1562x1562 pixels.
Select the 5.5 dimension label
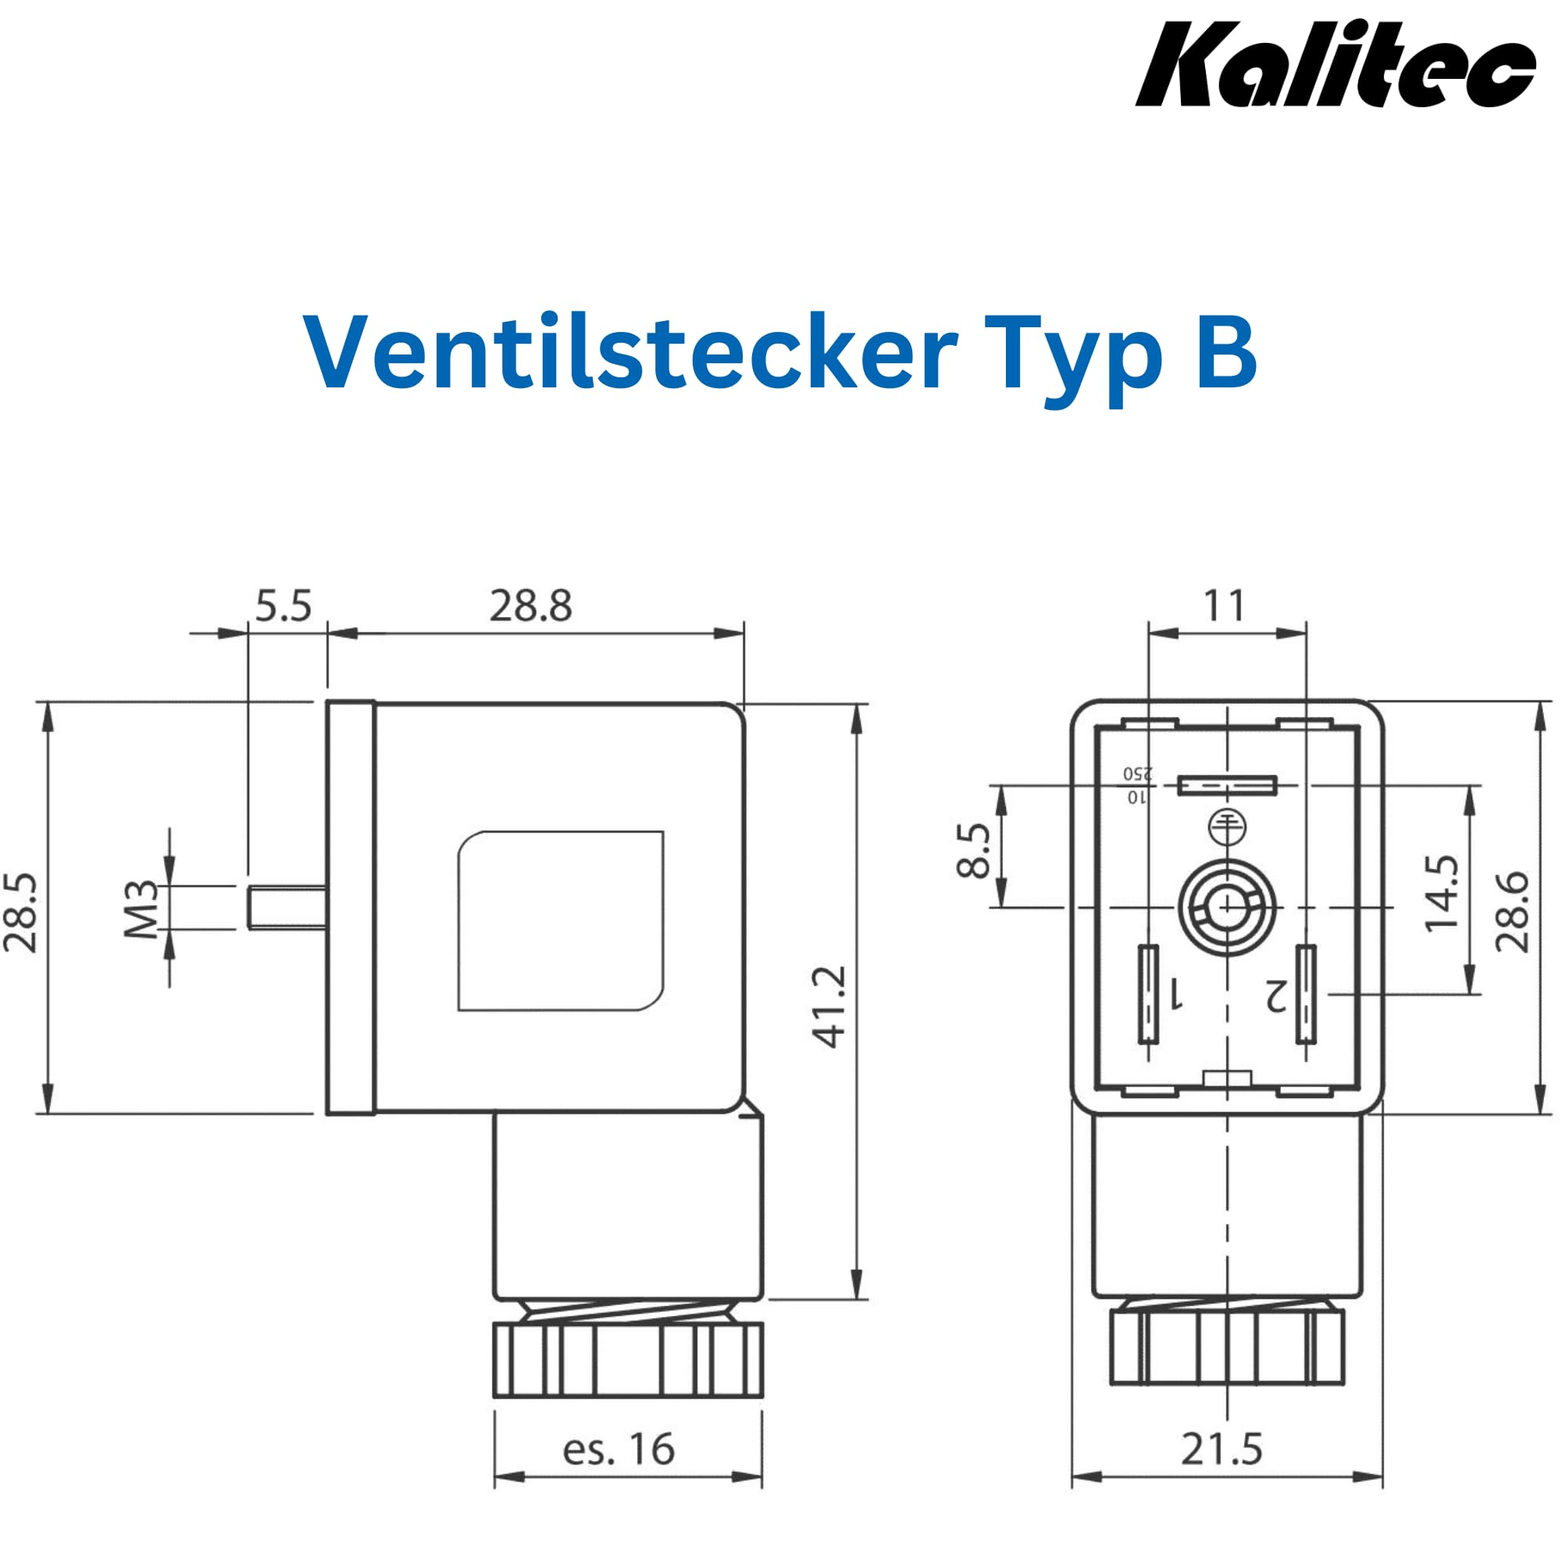283,606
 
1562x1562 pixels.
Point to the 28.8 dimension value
530,606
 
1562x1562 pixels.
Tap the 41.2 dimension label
829,1007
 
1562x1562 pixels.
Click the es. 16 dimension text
619,1450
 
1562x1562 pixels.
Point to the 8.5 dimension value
973,851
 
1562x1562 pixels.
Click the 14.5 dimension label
1442,893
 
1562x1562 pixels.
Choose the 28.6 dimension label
1512,912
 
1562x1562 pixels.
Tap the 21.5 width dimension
1221,1450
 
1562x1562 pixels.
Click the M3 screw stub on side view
287,907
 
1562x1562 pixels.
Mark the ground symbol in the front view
1226,827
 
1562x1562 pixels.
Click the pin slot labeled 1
1148,993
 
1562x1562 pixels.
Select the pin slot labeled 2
1306,993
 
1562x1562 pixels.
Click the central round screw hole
1226,907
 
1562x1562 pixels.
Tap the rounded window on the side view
560,921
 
